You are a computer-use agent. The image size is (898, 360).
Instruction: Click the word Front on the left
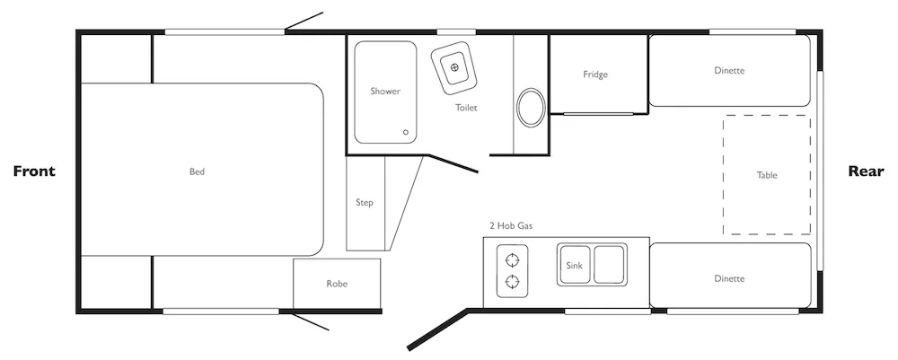(34, 171)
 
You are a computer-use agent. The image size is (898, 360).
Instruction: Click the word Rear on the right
(866, 171)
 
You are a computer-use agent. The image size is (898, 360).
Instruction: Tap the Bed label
(197, 171)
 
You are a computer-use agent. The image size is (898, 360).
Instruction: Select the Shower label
(385, 91)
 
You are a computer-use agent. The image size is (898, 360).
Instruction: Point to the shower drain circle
(406, 132)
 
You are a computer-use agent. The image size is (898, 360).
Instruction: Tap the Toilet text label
(466, 107)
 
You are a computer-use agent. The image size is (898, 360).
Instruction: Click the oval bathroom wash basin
(531, 107)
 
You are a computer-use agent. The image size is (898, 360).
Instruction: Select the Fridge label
(595, 75)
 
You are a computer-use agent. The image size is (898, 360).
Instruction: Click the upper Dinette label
(729, 70)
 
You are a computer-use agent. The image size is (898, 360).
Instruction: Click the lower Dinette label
(729, 278)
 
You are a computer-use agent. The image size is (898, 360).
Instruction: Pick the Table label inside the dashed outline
(767, 175)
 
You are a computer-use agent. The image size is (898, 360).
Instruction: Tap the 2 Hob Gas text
(511, 225)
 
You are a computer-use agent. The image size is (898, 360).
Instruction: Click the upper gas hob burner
(512, 259)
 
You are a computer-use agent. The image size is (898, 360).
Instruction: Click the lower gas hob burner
(512, 281)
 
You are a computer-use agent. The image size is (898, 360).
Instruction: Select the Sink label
(574, 265)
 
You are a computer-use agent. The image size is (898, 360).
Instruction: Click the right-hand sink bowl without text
(608, 265)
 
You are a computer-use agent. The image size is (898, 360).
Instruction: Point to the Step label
(365, 202)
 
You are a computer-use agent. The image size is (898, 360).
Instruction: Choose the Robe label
(337, 284)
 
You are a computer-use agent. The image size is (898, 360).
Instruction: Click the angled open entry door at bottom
(438, 329)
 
